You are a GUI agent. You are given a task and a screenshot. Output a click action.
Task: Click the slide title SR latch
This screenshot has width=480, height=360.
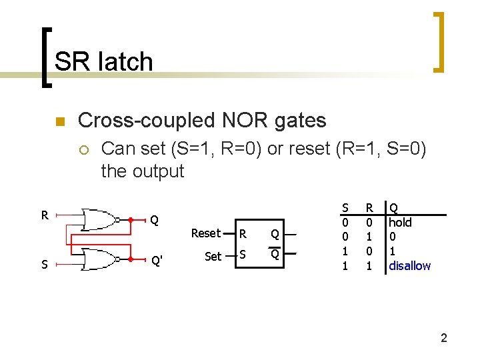tap(104, 61)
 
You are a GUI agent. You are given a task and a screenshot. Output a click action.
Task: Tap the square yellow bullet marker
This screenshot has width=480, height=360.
tap(58, 121)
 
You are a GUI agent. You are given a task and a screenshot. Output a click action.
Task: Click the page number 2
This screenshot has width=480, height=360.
tap(443, 339)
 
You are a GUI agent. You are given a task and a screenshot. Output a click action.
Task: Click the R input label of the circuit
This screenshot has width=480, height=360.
tap(44, 215)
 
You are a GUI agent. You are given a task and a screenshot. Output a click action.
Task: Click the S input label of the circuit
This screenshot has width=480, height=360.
tap(44, 265)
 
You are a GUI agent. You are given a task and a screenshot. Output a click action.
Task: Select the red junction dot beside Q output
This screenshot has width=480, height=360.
tap(131, 219)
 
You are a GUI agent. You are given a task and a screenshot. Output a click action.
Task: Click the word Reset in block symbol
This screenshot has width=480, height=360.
tap(205, 233)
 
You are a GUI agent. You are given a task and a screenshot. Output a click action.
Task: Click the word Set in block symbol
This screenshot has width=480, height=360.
tap(213, 256)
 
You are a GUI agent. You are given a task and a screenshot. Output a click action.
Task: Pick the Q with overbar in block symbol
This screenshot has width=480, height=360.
tap(274, 255)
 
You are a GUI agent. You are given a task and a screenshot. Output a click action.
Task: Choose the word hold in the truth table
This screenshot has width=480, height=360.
tap(400, 223)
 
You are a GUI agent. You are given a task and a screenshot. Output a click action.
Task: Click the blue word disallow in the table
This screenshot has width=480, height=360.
tap(409, 265)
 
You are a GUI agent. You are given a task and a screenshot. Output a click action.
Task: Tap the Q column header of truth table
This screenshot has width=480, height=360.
tap(393, 208)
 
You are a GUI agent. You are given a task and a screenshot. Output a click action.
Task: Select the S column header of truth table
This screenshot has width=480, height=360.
tap(345, 208)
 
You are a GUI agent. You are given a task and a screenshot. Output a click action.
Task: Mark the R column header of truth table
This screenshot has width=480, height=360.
tap(369, 208)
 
